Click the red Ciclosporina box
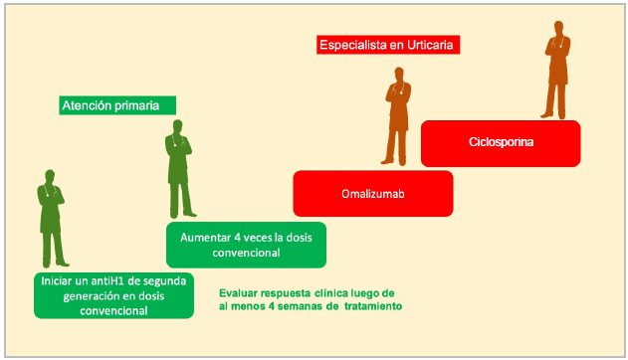[501, 143]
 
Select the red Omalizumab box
[373, 194]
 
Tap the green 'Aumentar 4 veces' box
[246, 245]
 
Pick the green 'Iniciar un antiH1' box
[113, 295]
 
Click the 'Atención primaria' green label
[117, 105]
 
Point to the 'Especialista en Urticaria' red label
[388, 45]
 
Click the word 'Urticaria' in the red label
[430, 45]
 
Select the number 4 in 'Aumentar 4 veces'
[237, 238]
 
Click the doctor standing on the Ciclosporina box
[557, 70]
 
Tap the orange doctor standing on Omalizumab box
[397, 116]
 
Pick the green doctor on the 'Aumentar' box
[180, 169]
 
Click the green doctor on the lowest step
[52, 219]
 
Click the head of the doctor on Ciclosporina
[558, 28]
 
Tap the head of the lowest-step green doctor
[50, 176]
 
